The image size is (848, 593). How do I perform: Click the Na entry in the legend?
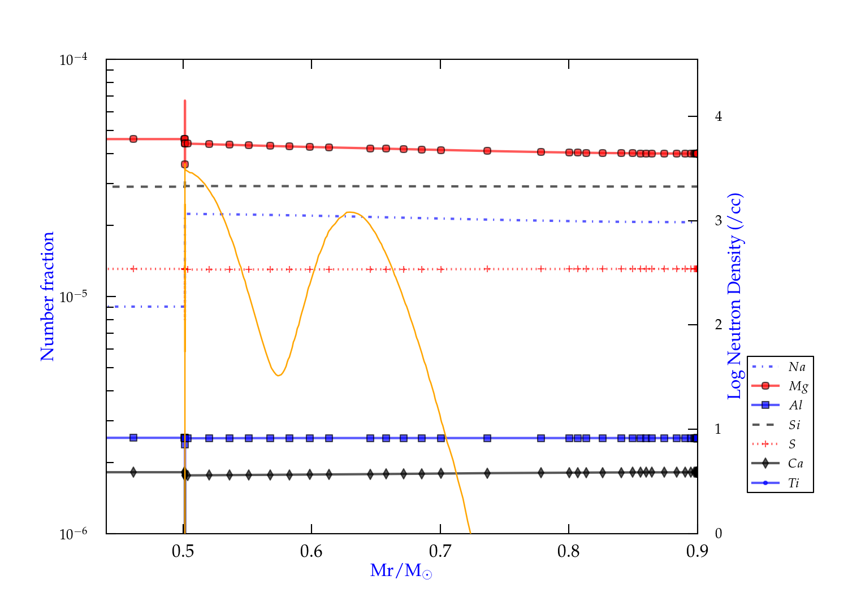797,367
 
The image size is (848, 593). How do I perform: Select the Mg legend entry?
798,386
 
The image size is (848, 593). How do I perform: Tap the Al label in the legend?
796,405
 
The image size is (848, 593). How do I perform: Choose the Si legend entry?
794,425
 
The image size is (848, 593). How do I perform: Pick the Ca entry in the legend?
795,464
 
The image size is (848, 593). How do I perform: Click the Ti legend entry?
794,483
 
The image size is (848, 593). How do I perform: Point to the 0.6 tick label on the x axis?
311,551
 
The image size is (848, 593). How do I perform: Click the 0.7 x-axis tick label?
440,551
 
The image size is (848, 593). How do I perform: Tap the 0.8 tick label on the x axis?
569,551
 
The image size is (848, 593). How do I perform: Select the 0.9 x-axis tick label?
697,551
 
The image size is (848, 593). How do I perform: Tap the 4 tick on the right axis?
719,116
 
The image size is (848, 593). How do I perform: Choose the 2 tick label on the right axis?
719,325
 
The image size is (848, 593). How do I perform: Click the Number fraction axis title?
47,296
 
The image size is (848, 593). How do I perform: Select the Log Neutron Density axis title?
735,296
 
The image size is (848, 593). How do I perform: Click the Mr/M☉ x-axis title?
401,571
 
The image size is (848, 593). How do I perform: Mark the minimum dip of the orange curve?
278,376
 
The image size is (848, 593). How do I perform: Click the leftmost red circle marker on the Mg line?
133,139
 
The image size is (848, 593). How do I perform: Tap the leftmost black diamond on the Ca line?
133,472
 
